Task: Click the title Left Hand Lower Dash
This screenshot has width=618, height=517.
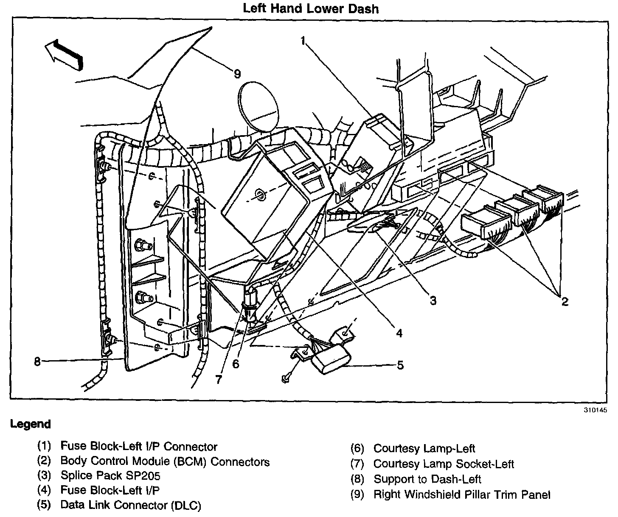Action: [x=310, y=8]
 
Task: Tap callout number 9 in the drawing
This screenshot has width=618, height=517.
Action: [x=237, y=74]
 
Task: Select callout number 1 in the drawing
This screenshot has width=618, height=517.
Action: [x=303, y=40]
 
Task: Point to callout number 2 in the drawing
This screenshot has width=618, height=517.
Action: [x=565, y=302]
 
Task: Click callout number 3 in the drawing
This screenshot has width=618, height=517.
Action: [x=433, y=300]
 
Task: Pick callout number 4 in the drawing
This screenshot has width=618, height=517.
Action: [x=399, y=333]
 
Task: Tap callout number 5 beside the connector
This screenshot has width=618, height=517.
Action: [x=400, y=365]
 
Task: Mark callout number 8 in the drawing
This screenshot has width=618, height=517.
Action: [x=37, y=361]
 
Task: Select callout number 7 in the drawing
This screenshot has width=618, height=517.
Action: [x=218, y=380]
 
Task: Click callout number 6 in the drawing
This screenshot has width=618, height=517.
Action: [x=236, y=364]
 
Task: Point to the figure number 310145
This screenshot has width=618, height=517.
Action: [x=595, y=410]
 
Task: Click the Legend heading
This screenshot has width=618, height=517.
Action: [x=30, y=424]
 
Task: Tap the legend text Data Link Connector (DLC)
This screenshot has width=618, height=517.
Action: [x=131, y=505]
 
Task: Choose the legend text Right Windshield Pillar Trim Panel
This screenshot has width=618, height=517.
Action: [x=462, y=495]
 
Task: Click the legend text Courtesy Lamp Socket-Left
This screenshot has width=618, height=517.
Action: [x=444, y=464]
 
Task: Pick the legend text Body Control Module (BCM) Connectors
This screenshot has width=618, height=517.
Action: [x=165, y=461]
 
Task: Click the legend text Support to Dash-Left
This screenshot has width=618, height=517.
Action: [x=427, y=479]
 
